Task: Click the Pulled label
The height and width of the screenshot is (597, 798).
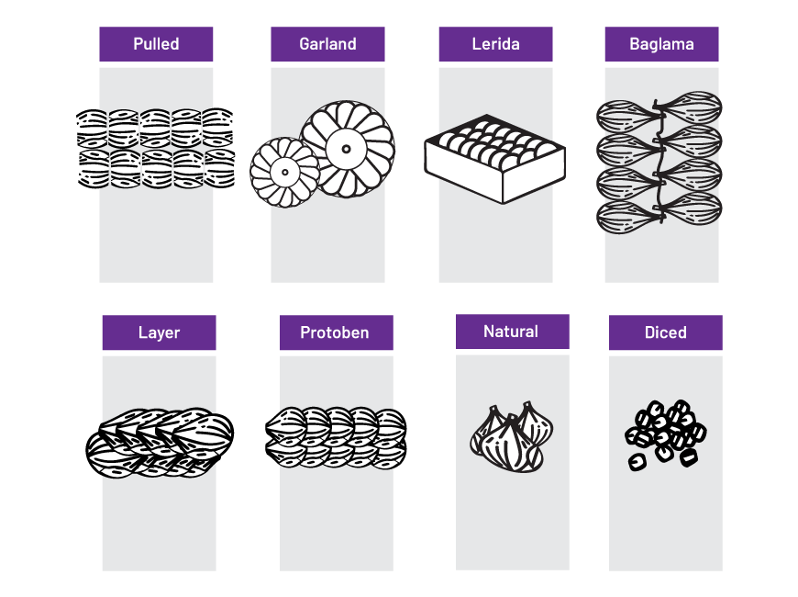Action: click(156, 44)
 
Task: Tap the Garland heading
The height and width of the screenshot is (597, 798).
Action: click(327, 44)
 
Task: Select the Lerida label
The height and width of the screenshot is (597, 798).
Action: click(495, 44)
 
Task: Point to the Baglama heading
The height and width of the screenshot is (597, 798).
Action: click(661, 44)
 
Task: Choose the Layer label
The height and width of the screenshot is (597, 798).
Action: click(159, 332)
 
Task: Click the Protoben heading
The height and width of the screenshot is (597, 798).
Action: click(336, 332)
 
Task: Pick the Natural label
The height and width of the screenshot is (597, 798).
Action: click(512, 332)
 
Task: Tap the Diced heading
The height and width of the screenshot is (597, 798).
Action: click(665, 332)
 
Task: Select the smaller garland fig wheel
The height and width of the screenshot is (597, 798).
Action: click(284, 172)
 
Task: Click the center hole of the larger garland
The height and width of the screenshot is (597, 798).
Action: click(347, 146)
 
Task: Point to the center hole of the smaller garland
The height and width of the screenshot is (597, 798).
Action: click(284, 172)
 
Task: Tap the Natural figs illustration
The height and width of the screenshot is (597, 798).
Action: click(509, 437)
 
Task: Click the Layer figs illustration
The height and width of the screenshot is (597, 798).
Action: click(160, 442)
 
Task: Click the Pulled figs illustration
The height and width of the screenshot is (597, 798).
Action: click(156, 149)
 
